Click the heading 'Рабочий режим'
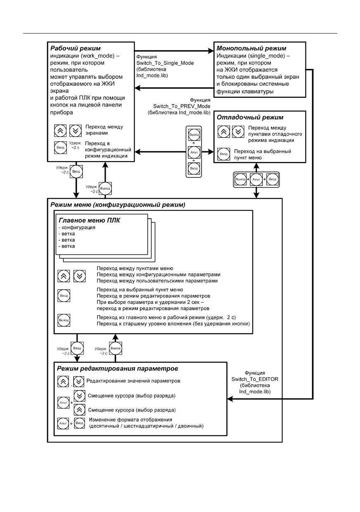pos(76,48)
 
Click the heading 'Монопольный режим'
pos(251,48)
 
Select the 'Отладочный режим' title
pos(250,117)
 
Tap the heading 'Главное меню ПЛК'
pos(89,220)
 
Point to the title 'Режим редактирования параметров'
pos(117,369)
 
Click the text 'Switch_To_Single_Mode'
pos(165,63)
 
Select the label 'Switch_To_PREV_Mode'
pos(182,106)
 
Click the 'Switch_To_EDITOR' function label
pos(255,379)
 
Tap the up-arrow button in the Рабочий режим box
pos(60,131)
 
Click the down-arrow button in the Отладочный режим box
pos(238,132)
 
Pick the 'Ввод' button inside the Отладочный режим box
pos(224,154)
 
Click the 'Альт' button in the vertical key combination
pos(194,152)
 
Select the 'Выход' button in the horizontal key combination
pos(240,179)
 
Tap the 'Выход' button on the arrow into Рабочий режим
pos(105,188)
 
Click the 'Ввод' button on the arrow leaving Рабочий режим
pos(76,171)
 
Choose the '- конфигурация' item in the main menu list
pos(77,228)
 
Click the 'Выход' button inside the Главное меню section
pos(64,320)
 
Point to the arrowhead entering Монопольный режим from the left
pos(211,51)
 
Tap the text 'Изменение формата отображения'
pos(130,420)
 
